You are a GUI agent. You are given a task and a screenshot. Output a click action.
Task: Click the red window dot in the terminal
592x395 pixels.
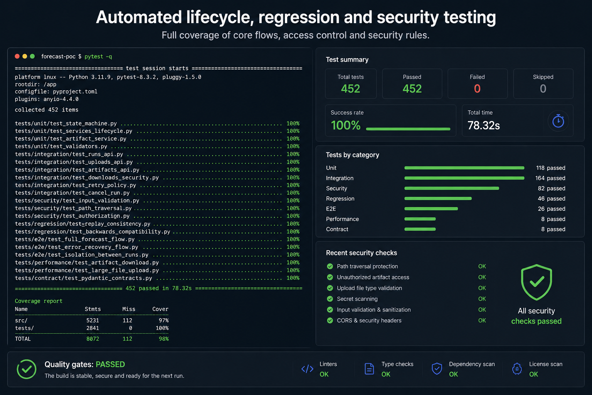(x=17, y=56)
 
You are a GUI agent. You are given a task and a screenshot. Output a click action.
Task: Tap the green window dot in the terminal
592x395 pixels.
(x=32, y=56)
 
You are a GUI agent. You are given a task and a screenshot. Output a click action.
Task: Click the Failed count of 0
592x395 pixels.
(x=477, y=89)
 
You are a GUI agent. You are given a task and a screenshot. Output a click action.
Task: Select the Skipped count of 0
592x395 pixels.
(x=543, y=89)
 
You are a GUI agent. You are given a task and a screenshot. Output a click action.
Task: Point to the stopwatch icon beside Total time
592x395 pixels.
(x=558, y=121)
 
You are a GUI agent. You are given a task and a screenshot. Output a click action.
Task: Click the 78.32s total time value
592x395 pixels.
(x=483, y=125)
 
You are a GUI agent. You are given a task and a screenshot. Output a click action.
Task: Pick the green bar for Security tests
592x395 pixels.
(x=452, y=188)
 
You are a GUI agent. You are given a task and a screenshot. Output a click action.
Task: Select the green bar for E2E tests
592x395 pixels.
(x=431, y=209)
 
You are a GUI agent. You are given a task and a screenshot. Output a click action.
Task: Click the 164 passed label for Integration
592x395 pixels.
(x=550, y=178)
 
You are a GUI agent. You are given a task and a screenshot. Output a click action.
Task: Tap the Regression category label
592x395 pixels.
(x=340, y=199)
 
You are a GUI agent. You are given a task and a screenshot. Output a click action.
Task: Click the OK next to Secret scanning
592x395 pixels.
(x=482, y=299)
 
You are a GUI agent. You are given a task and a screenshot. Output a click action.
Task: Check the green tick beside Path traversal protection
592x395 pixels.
(x=330, y=266)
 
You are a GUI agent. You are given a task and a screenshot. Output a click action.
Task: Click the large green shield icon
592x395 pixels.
(x=536, y=282)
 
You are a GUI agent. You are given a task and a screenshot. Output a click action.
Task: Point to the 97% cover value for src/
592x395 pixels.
(x=163, y=321)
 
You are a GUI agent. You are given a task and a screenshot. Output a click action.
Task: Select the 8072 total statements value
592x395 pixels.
(x=92, y=339)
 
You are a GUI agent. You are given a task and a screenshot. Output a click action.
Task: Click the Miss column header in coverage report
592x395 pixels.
(x=129, y=309)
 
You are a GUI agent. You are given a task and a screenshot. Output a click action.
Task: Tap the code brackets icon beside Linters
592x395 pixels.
(x=307, y=369)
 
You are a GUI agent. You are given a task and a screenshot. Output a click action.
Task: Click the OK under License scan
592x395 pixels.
(x=533, y=374)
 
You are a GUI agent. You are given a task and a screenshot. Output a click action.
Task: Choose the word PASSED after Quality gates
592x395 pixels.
(x=110, y=364)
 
